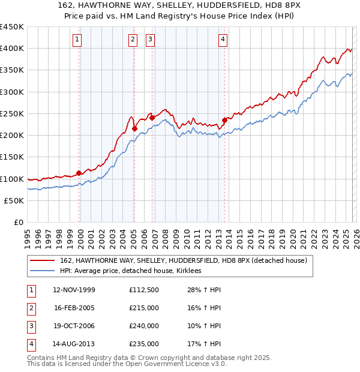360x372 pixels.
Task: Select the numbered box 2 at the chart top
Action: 133,40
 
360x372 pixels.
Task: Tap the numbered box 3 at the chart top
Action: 150,40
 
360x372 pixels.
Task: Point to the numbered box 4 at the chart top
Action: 223,40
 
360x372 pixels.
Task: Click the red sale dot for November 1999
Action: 79,173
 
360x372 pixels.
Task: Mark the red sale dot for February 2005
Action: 134,128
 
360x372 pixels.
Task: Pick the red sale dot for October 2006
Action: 152,118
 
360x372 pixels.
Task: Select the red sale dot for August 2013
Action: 224,120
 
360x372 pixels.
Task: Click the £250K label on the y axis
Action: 12,113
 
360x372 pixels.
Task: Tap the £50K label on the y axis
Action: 14,200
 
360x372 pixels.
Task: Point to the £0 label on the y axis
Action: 18,222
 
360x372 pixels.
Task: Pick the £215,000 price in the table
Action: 144,307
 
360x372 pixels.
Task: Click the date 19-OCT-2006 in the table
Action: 74,326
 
